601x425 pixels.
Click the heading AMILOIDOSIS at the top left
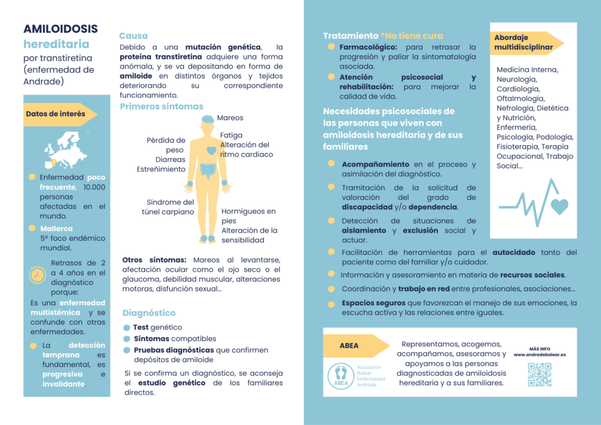click(x=60, y=29)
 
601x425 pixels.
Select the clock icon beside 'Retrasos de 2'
click(x=37, y=275)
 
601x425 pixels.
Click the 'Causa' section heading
click(x=133, y=36)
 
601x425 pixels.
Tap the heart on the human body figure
click(x=211, y=150)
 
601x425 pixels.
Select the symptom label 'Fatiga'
click(x=231, y=135)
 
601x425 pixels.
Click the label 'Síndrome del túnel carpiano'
click(x=168, y=207)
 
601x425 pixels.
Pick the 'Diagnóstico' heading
click(x=148, y=313)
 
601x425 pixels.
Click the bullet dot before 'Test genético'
click(x=127, y=328)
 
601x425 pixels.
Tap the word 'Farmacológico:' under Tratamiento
click(x=368, y=47)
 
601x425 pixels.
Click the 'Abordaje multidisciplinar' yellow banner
click(x=524, y=42)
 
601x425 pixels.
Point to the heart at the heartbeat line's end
click(x=559, y=206)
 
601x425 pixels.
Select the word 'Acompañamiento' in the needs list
click(x=376, y=164)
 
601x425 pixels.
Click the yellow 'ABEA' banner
click(x=349, y=346)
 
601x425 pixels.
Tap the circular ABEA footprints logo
click(x=340, y=376)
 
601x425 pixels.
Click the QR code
click(x=539, y=375)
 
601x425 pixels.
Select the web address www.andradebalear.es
click(x=539, y=355)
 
